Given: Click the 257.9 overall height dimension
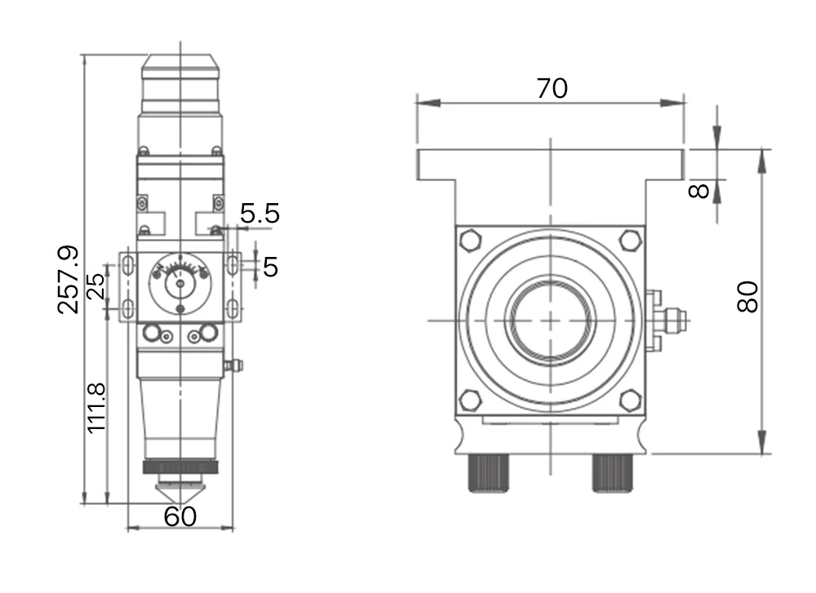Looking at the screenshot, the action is click(x=69, y=279).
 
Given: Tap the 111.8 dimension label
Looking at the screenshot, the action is click(x=97, y=409).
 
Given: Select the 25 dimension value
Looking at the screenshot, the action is click(x=96, y=286).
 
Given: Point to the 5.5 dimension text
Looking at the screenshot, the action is click(x=259, y=213).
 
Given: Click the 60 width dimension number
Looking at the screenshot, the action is click(x=180, y=516).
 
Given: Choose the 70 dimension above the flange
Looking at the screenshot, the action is click(x=552, y=88).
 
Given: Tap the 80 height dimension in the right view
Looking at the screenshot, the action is click(x=747, y=297).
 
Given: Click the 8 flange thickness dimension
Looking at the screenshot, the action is click(x=698, y=191).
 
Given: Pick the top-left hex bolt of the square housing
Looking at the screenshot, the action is click(x=471, y=241).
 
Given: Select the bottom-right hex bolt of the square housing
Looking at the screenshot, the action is click(x=630, y=400).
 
